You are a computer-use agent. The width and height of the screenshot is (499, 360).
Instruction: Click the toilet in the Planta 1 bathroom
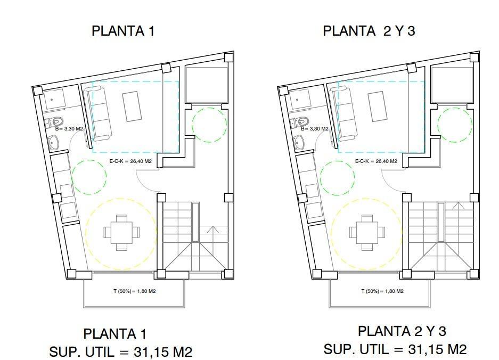[x=55, y=121]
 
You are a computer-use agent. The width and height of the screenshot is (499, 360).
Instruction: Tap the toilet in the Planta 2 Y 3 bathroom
[x=301, y=121]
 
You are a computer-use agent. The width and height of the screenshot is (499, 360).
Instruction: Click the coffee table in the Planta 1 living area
[x=132, y=107]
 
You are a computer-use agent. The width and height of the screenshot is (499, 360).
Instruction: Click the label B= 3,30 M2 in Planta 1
[x=69, y=129]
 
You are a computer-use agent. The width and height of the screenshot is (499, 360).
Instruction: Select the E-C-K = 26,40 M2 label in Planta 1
[x=130, y=161]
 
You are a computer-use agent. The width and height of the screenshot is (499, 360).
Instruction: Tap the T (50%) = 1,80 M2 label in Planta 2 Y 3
[x=382, y=291]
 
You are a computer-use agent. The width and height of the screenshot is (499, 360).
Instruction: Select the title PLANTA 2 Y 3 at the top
[x=369, y=31]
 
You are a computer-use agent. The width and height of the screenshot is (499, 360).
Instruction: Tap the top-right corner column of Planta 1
[x=229, y=58]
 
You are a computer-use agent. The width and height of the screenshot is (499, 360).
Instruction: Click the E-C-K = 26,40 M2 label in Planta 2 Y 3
[x=376, y=161]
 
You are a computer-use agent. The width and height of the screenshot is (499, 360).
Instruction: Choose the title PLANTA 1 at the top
[x=123, y=31]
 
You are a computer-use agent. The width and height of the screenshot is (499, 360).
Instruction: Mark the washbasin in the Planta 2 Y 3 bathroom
[x=299, y=142]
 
